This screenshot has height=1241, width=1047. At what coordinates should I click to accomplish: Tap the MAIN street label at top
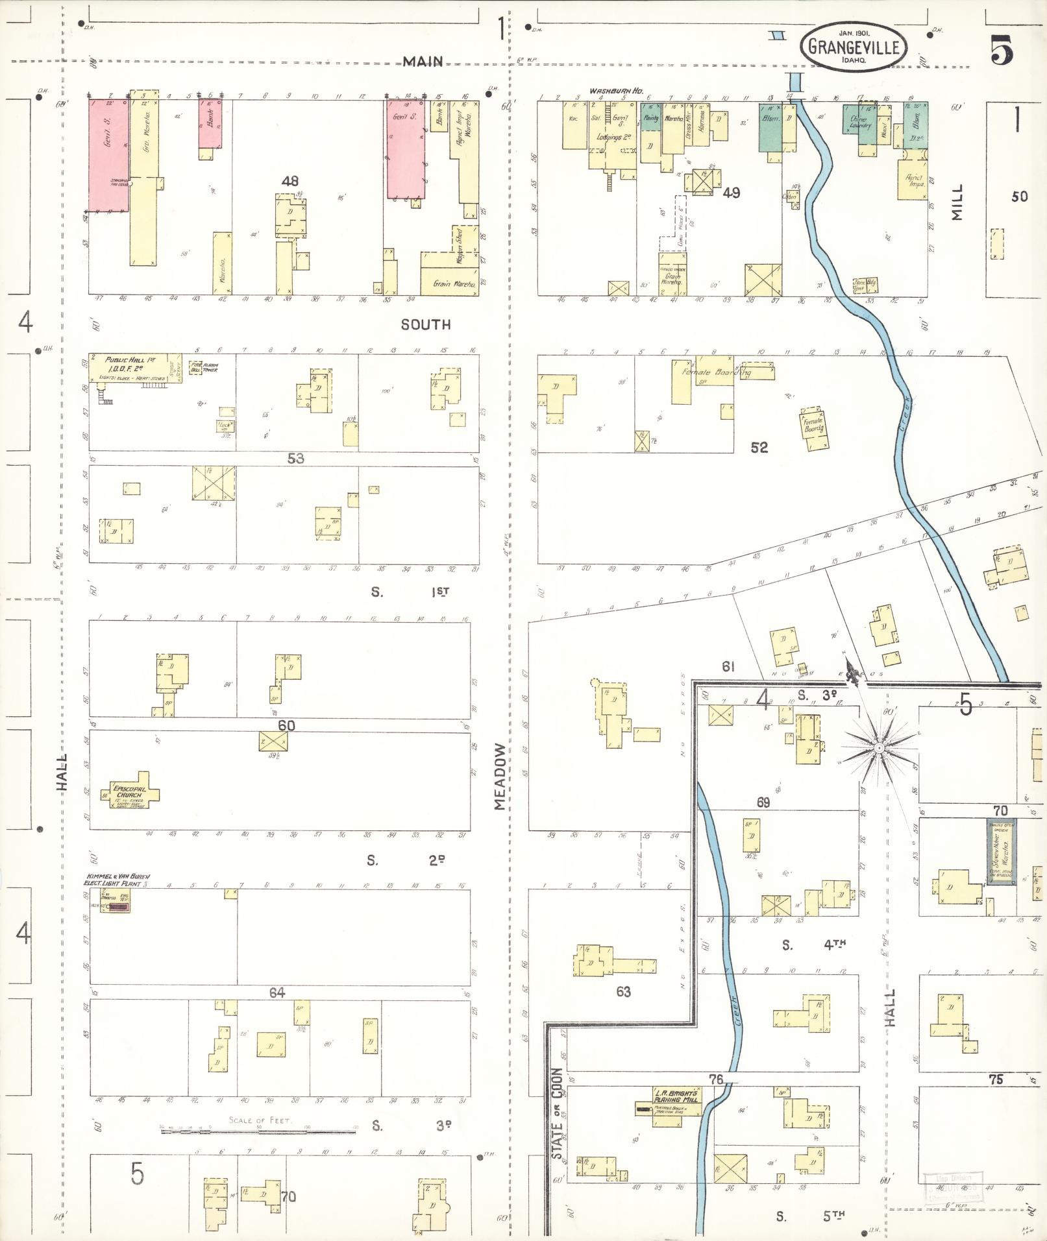(422, 62)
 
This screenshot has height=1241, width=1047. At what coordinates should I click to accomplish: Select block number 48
(289, 181)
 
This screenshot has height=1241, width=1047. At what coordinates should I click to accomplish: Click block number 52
(759, 448)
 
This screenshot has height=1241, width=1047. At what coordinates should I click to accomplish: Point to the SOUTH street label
(425, 324)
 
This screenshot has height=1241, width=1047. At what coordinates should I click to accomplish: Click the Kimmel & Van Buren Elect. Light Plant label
(117, 880)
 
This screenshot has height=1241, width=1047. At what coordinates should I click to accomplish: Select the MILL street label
(957, 202)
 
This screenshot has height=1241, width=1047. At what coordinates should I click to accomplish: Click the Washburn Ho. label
(611, 91)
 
